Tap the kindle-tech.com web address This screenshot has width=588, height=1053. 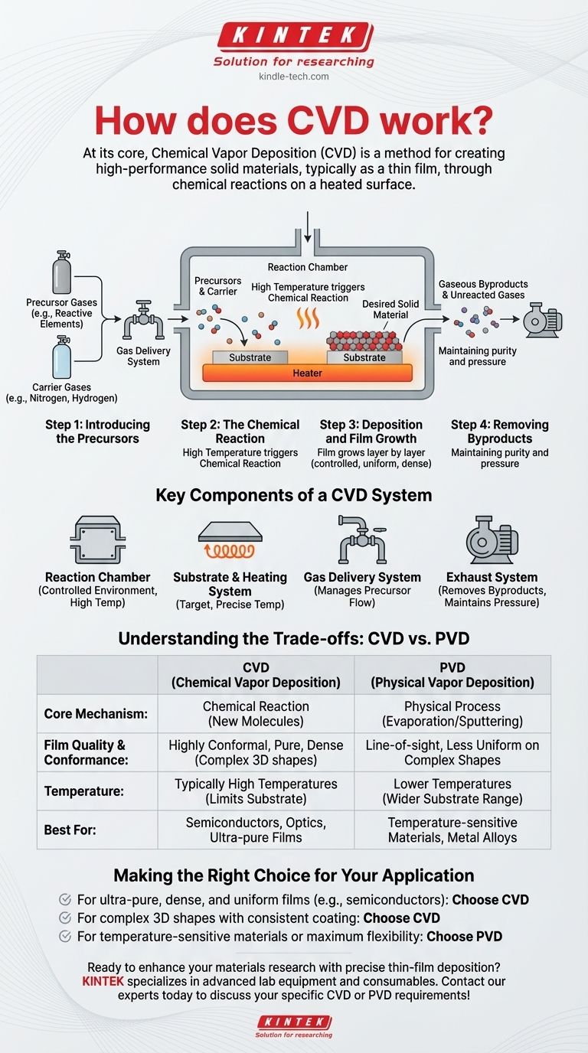click(294, 77)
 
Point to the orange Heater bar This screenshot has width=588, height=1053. click(307, 373)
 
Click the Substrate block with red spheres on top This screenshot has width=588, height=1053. click(364, 357)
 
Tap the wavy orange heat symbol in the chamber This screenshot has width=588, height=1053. click(308, 318)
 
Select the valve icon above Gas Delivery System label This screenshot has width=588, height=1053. click(144, 320)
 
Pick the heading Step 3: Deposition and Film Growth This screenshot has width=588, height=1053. click(371, 432)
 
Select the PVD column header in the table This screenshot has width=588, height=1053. click(452, 675)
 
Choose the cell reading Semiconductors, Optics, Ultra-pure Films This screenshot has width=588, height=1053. click(256, 830)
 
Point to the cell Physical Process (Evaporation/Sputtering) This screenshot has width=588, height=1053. click(452, 714)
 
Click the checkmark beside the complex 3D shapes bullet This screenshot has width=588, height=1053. click(65, 918)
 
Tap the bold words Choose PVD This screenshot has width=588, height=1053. click(465, 936)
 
